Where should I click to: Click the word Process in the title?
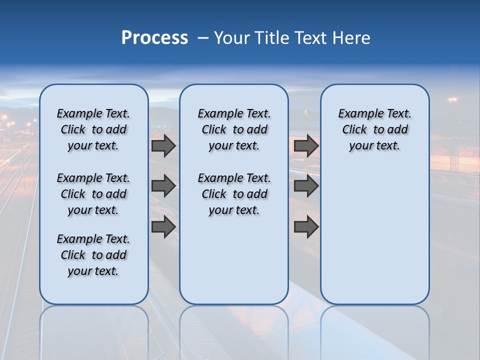coord(154,37)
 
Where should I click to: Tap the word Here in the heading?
coord(352,38)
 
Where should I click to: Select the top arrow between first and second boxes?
coord(163,145)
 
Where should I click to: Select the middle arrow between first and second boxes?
coord(163,186)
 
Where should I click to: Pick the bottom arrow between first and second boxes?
coord(163,226)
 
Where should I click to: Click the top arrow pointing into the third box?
coord(306,145)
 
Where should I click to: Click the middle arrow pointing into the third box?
coord(306,186)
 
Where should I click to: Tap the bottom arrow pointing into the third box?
coord(306,226)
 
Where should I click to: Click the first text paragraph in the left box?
coord(93,129)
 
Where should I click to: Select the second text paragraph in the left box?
coord(93,194)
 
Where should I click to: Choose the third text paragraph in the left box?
coord(93,255)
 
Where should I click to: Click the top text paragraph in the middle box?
coord(234,129)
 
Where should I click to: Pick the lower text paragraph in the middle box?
coord(234,194)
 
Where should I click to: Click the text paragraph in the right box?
coord(374,129)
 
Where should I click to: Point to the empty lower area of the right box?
coord(374,235)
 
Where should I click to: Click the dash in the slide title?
coord(203,38)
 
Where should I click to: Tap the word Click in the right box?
coord(354,129)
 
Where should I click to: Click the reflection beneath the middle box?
coord(234,330)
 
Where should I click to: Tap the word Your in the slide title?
coord(230,38)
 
